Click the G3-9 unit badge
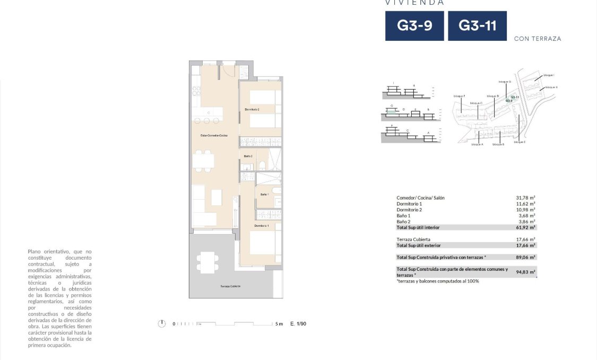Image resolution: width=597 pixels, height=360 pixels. coord(414,26)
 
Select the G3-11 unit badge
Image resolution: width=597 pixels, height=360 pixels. coord(477,26)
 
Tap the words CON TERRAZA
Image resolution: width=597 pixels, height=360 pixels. coord(538,39)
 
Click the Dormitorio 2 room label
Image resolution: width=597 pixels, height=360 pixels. coord(252,109)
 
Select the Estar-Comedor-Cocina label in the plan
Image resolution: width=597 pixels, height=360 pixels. coord(214,136)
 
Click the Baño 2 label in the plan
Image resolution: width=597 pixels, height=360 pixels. coord(248,156)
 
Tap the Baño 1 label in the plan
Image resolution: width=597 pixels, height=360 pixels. coord(264,194)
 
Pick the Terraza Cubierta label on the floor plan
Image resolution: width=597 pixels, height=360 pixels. coord(230,286)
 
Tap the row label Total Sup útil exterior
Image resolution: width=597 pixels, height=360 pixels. coord(425,245)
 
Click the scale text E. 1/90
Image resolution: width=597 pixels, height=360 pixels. coord(298,323)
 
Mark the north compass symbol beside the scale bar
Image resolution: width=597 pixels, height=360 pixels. coord(162,323)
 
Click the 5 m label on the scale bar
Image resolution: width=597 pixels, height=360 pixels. coord(279,323)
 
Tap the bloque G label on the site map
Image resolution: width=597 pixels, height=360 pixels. coord(505,82)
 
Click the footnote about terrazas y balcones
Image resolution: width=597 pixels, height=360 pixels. coord(438,281)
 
